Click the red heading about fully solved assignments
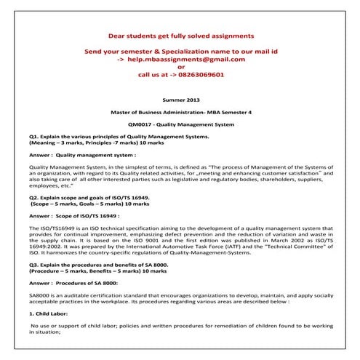point(180,36)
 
